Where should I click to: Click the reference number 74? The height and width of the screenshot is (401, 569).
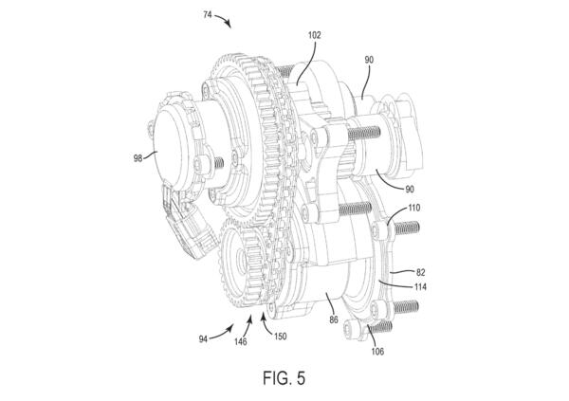point(207,15)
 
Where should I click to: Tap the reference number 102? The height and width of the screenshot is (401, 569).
point(314,35)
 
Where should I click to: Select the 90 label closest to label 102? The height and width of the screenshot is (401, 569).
point(369,60)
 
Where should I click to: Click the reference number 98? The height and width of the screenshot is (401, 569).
point(138,158)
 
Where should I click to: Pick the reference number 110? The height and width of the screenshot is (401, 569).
point(414,208)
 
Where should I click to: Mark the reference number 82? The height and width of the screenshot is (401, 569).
point(420,272)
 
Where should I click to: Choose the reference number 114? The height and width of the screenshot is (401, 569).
point(420,287)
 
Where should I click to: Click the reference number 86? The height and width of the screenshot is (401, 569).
point(334,319)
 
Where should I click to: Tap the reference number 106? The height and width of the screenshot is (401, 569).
point(377,351)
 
